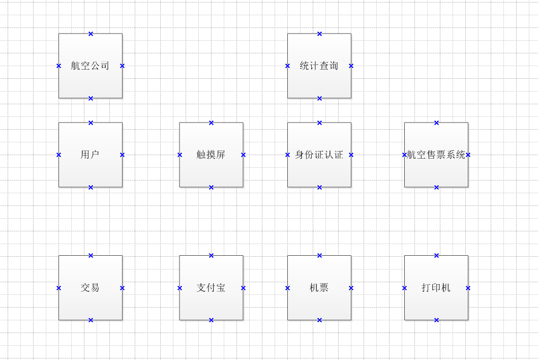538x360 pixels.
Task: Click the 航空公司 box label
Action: pyautogui.click(x=90, y=66)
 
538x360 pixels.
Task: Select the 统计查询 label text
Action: pyautogui.click(x=319, y=66)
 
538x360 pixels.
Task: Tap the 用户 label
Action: pyautogui.click(x=90, y=155)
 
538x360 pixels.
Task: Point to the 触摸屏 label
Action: pyautogui.click(x=211, y=155)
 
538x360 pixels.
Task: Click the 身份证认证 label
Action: pyautogui.click(x=319, y=155)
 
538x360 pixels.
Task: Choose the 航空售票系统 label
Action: pyautogui.click(x=436, y=155)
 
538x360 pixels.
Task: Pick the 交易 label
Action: pyautogui.click(x=90, y=288)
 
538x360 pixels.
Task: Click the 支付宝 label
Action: pyautogui.click(x=211, y=288)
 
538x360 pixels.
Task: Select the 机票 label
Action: pyautogui.click(x=319, y=288)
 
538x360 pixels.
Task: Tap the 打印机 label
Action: pyautogui.click(x=436, y=288)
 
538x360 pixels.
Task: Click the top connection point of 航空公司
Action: pyautogui.click(x=91, y=34)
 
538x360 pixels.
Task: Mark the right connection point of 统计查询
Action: pyautogui.click(x=351, y=66)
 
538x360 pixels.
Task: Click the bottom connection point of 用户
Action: pyautogui.click(x=91, y=187)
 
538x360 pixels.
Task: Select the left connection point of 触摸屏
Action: pyautogui.click(x=180, y=155)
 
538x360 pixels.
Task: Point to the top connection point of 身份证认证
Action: pyautogui.click(x=319, y=123)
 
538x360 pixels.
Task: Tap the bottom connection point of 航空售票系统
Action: pyautogui.click(x=436, y=187)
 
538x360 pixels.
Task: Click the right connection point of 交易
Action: pyautogui.click(x=122, y=288)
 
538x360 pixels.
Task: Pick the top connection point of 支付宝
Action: pyautogui.click(x=211, y=255)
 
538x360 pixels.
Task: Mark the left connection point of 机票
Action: pyautogui.click(x=287, y=288)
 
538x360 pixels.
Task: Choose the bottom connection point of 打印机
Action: pyautogui.click(x=436, y=320)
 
